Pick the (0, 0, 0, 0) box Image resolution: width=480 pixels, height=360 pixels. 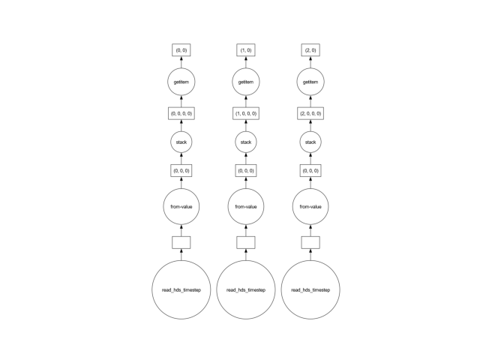(181, 113)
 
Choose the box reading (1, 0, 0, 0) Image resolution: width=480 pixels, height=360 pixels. (246, 113)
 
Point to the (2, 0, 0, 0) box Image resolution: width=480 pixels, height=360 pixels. (310, 113)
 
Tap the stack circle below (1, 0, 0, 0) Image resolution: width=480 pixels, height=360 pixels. (246, 142)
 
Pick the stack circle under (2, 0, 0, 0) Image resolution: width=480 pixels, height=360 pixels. (310, 142)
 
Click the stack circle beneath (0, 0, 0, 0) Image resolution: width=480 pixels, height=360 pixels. (181, 142)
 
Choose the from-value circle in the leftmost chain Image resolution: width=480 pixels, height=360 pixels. (181, 207)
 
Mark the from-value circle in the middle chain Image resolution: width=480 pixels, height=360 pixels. (246, 207)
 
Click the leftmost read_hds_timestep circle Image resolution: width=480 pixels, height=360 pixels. (181, 290)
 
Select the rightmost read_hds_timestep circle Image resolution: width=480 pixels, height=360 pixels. (310, 290)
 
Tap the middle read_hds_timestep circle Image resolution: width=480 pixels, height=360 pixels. (246, 290)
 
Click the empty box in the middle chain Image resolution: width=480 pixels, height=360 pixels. (246, 243)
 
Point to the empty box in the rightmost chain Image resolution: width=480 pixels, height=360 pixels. (310, 243)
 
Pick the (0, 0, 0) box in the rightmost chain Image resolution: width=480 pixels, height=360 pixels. (310, 170)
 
